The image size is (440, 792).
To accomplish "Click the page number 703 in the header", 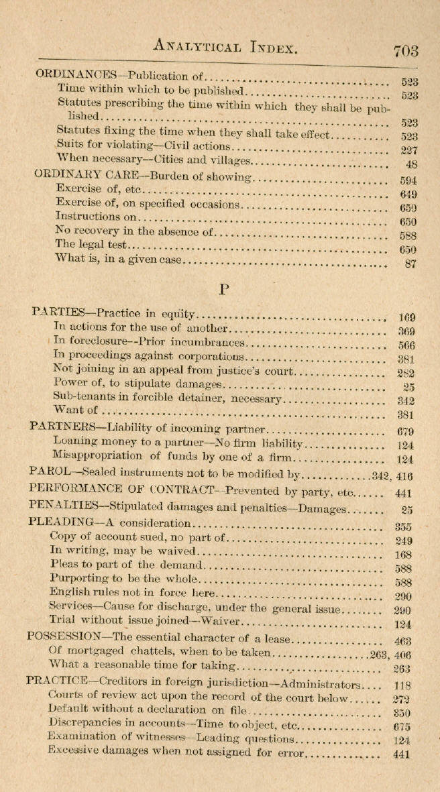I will [x=406, y=51].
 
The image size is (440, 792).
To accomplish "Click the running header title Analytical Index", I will [x=224, y=46].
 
